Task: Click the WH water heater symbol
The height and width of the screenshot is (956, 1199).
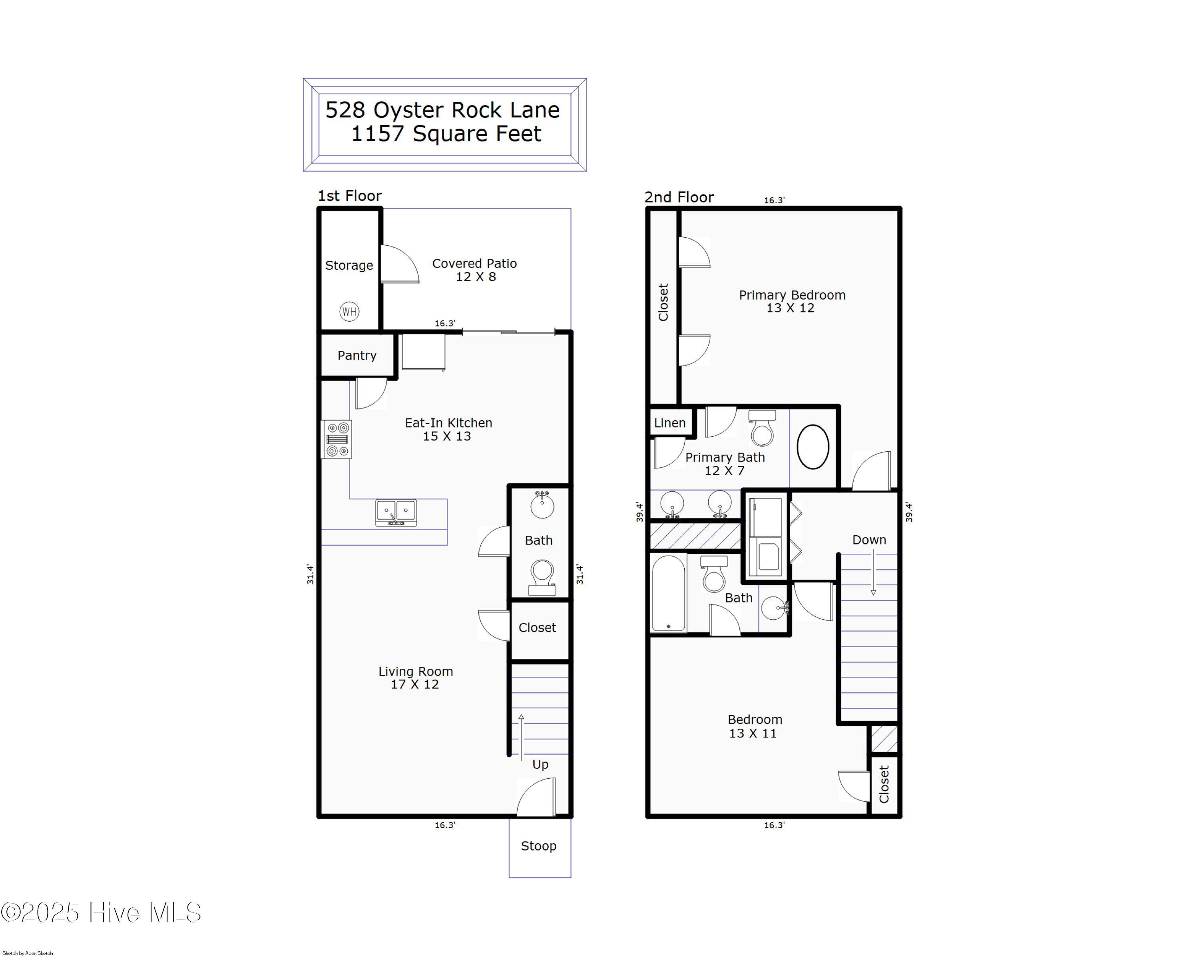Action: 349,311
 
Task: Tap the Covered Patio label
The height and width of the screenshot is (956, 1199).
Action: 474,270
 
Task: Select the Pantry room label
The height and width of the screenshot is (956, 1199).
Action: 357,356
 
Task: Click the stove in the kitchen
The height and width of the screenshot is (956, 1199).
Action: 337,439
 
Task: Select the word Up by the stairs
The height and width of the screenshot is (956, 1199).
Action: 540,764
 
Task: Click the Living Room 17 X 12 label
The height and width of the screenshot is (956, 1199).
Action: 415,678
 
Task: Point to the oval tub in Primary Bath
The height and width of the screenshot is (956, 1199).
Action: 813,447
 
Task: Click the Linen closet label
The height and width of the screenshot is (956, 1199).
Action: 669,423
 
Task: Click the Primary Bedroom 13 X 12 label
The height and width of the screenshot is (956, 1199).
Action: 791,301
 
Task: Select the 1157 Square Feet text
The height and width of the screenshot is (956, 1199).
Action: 446,134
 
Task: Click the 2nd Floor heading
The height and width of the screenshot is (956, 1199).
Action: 679,197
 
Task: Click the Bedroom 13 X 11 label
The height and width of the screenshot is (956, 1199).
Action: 754,726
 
